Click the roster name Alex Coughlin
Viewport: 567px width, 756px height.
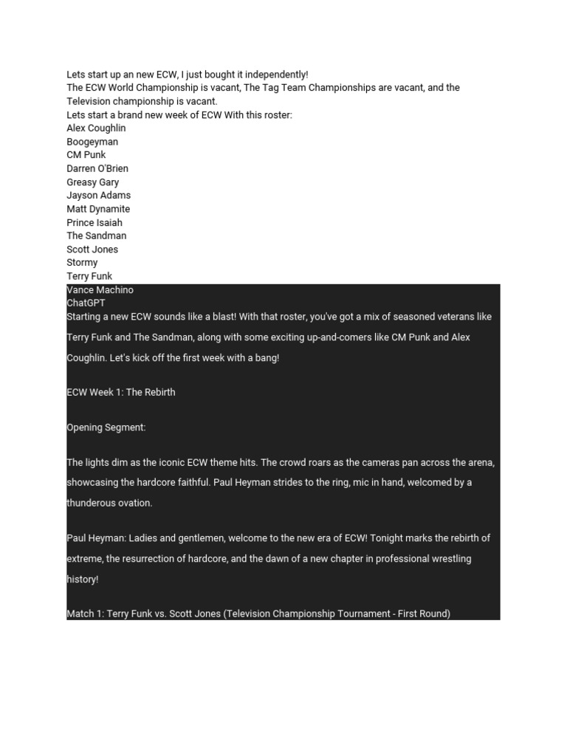(96, 128)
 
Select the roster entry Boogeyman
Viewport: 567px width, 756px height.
(92, 142)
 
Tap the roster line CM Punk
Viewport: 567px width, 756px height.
(86, 155)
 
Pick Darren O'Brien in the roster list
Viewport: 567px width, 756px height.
(97, 168)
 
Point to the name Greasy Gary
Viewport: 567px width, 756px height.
(93, 182)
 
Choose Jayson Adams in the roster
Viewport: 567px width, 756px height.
(99, 196)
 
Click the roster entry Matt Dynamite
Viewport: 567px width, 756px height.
(98, 209)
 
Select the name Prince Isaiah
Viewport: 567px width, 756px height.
(94, 222)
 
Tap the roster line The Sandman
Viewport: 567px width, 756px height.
(97, 236)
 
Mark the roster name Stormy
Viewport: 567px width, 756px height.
(82, 263)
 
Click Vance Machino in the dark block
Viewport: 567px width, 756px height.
(100, 290)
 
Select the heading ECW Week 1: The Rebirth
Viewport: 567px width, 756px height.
(121, 392)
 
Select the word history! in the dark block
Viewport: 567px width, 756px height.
(82, 580)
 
